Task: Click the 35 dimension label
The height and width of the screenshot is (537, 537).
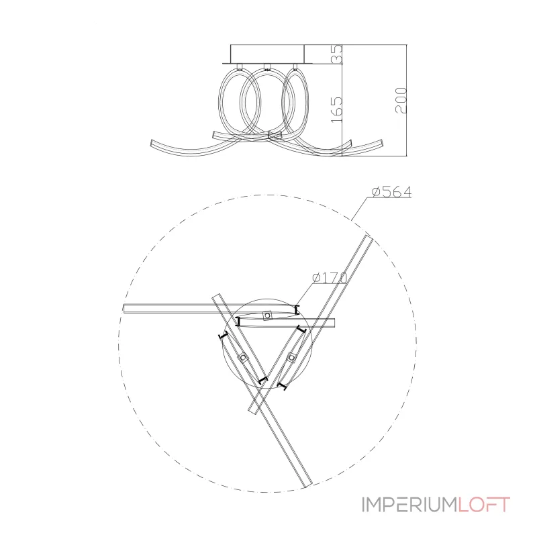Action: pos(337,54)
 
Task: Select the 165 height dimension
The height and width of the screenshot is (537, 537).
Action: pos(337,109)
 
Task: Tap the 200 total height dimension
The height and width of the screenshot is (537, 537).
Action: pos(401,100)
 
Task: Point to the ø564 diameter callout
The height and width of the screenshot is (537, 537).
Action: pos(392,192)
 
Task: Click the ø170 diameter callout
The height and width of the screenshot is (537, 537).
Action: pos(330,278)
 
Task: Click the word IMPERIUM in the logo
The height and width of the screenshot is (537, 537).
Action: pos(409,505)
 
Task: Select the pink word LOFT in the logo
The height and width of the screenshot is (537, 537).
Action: pos(484,505)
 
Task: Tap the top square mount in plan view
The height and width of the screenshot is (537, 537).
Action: pos(267,315)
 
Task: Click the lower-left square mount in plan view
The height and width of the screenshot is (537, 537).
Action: pos(243,358)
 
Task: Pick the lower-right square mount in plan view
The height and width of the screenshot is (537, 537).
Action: pos(291,358)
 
